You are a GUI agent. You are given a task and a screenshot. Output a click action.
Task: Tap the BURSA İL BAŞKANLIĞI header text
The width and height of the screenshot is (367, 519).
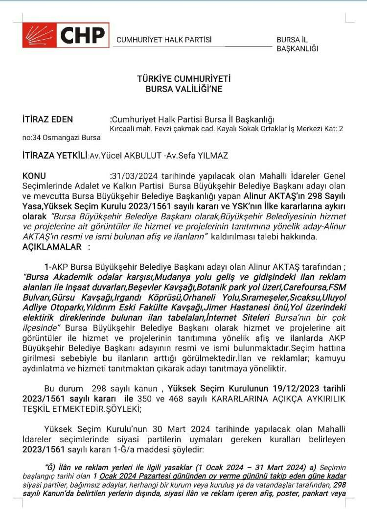coord(297,44)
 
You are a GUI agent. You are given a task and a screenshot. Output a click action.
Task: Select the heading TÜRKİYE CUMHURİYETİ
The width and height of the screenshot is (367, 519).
coord(183,79)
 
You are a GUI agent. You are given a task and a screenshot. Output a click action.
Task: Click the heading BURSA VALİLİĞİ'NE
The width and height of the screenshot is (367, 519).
coord(183,89)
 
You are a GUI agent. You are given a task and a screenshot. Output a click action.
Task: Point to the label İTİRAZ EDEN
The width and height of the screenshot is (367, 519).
coord(47,119)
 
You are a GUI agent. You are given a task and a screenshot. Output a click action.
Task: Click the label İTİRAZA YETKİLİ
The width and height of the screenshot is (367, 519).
coord(55,155)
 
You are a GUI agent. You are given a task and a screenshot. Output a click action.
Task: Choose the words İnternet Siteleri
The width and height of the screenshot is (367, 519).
coord(235,317)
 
